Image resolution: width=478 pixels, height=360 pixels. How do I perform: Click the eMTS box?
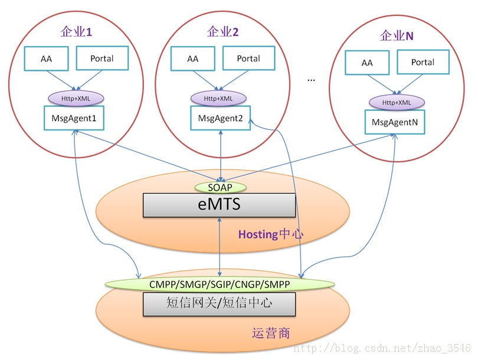point(220,205)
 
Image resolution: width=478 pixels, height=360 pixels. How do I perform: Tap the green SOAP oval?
point(221,187)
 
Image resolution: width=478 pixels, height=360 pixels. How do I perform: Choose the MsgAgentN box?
point(395,122)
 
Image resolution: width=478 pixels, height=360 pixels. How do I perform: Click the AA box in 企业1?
point(46,59)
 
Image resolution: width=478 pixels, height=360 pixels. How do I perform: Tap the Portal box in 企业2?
point(248,59)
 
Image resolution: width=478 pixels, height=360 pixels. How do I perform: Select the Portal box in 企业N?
point(423,63)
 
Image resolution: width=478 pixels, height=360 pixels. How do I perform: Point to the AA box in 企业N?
point(367,63)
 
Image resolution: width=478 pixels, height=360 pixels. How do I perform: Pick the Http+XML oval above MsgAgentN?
point(396,102)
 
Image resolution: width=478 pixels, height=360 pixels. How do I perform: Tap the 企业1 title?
point(77,32)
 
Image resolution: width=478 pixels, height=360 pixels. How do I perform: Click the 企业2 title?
point(223,32)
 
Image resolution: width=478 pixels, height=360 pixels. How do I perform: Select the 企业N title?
point(396,36)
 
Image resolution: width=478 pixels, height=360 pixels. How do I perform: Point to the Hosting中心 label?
point(271,234)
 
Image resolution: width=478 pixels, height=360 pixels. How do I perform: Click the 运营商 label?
point(271,333)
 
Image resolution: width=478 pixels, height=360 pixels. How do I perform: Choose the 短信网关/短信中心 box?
point(220,304)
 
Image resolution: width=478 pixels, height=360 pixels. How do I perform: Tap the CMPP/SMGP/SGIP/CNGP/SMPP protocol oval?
point(220,284)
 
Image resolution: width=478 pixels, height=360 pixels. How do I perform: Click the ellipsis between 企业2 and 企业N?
point(312,79)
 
